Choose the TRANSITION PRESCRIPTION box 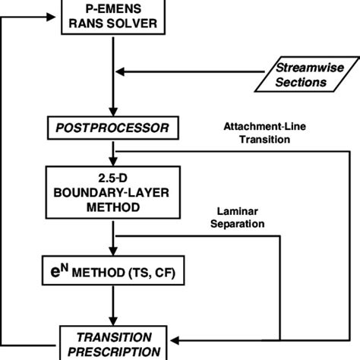pyautogui.click(x=113, y=343)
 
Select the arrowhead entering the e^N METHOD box pyautogui.click(x=113, y=253)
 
